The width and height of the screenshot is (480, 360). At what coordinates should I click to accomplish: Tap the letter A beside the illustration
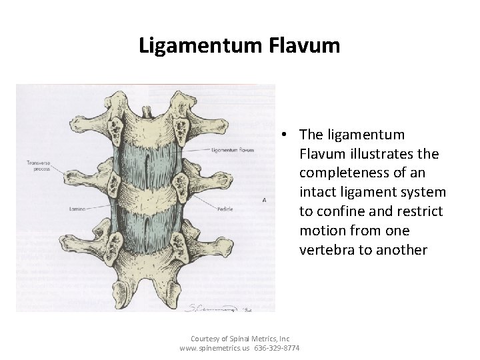265,200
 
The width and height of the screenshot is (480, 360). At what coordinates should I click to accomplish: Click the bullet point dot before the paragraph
283,135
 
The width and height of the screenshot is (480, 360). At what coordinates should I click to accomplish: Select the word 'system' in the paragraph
419,193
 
